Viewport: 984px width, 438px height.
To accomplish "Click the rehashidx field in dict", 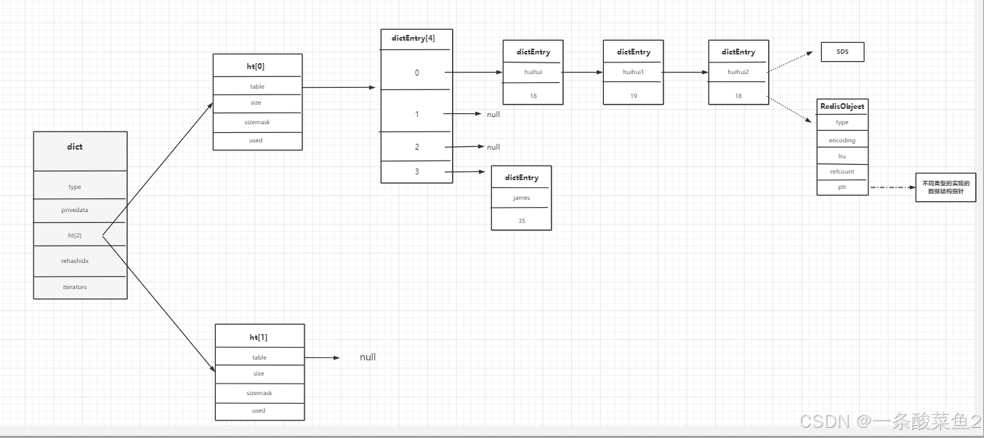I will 75,260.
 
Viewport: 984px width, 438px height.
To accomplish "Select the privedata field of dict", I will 75,210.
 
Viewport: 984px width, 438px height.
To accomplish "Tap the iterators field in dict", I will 75,287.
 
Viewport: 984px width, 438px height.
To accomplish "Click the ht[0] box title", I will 256,66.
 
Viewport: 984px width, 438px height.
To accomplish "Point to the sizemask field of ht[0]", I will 256,122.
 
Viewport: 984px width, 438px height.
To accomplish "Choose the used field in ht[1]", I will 259,410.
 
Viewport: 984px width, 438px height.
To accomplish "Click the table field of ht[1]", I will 259,357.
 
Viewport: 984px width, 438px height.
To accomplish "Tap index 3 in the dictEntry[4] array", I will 417,171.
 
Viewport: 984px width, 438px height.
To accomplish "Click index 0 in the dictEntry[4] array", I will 417,73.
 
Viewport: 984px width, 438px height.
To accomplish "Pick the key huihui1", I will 633,72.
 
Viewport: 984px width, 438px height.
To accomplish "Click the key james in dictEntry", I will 521,198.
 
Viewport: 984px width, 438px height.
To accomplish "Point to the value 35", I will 521,220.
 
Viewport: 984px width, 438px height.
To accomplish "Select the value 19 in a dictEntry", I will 633,95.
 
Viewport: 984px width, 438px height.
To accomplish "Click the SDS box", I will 842,52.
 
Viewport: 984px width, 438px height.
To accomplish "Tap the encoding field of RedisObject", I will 842,140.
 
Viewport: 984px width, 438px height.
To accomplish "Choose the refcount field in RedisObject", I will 842,171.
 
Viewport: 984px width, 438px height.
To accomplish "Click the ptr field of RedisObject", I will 842,187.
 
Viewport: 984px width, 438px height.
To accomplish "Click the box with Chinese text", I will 945,187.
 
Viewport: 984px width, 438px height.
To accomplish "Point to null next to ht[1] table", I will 368,357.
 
